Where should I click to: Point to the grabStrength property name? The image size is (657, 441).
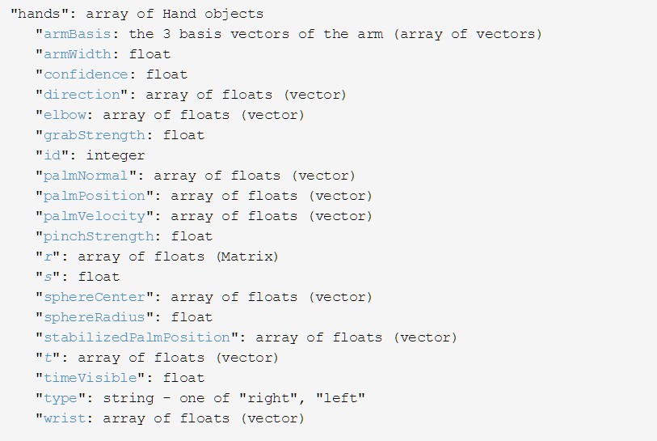point(90,135)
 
